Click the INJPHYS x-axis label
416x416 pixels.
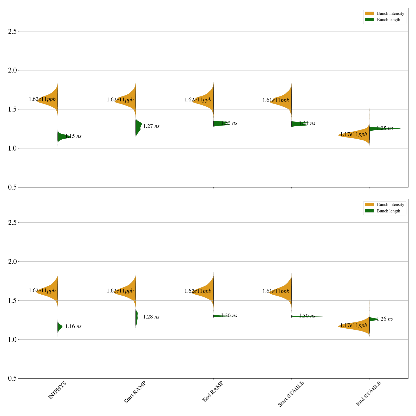57,390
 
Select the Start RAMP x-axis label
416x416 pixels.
135,392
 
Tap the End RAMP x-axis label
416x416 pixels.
213,392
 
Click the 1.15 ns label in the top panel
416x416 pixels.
73,136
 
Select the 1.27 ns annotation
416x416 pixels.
151,126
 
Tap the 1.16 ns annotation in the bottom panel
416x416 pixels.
73,327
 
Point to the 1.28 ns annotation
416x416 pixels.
151,317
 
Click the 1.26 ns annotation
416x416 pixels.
385,319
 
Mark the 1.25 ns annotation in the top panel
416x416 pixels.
385,128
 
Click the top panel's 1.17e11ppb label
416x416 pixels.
354,134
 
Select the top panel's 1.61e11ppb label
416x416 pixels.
276,100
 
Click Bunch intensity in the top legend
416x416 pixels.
390,14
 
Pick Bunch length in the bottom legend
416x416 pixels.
388,211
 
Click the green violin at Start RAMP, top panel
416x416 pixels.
138,127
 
